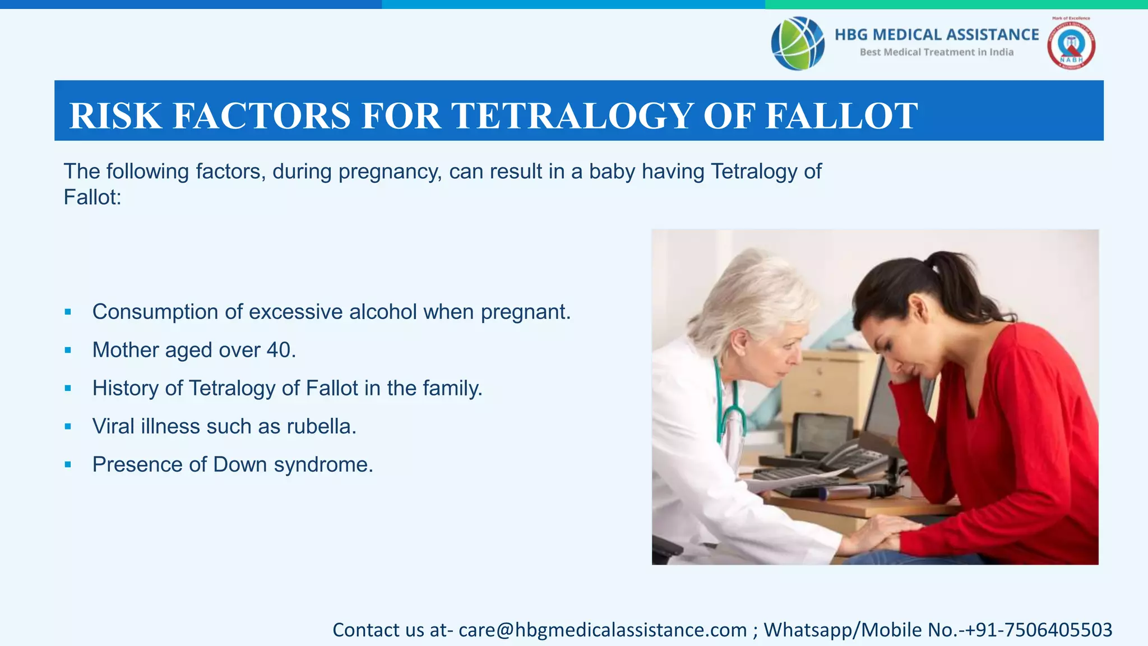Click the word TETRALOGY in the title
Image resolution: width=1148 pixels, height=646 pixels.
click(572, 116)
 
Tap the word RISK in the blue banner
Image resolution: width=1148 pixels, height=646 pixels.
click(115, 116)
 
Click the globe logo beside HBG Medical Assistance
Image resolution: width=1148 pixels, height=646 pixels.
click(797, 43)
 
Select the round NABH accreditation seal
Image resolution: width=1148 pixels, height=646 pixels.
click(1071, 45)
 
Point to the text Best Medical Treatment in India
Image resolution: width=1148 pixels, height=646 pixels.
click(936, 52)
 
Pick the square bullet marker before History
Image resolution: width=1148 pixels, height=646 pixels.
click(68, 388)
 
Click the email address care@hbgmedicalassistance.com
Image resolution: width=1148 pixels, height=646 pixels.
click(603, 630)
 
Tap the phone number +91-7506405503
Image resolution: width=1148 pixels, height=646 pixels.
click(1036, 630)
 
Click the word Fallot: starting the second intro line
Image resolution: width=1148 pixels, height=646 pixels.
click(92, 197)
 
